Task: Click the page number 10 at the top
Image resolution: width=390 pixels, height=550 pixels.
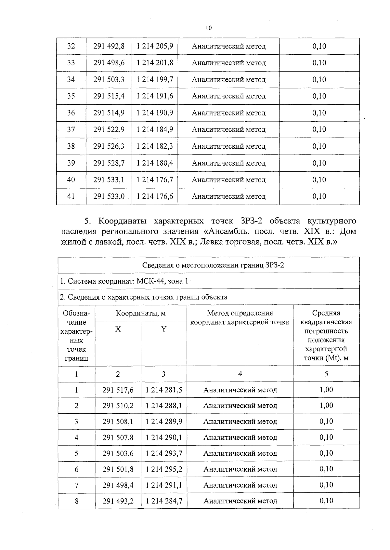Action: pos(209,28)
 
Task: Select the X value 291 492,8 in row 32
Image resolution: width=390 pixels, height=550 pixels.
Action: pos(109,46)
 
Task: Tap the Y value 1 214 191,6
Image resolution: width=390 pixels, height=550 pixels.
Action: pos(155,96)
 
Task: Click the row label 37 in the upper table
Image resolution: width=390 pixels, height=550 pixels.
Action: pos(71,129)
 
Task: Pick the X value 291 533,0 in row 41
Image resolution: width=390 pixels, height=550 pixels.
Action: pos(109,196)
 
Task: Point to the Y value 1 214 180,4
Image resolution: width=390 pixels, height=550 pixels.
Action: pos(155,163)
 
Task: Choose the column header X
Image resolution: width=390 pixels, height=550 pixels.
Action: pos(118,329)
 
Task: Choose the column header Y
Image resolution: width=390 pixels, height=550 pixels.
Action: pos(164,329)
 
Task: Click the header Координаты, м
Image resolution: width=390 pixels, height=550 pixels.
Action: pos(141,313)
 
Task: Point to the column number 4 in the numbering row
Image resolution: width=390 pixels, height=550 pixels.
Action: pos(240,374)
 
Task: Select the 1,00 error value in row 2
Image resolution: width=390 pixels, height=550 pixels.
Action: pos(326,406)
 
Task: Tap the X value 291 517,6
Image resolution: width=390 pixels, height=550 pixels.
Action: pos(118,390)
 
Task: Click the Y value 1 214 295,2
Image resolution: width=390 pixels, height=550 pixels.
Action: pos(164,469)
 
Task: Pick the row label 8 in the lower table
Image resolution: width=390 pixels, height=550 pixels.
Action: pos(76,501)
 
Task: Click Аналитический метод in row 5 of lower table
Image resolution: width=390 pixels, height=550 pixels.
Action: pos(240,453)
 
